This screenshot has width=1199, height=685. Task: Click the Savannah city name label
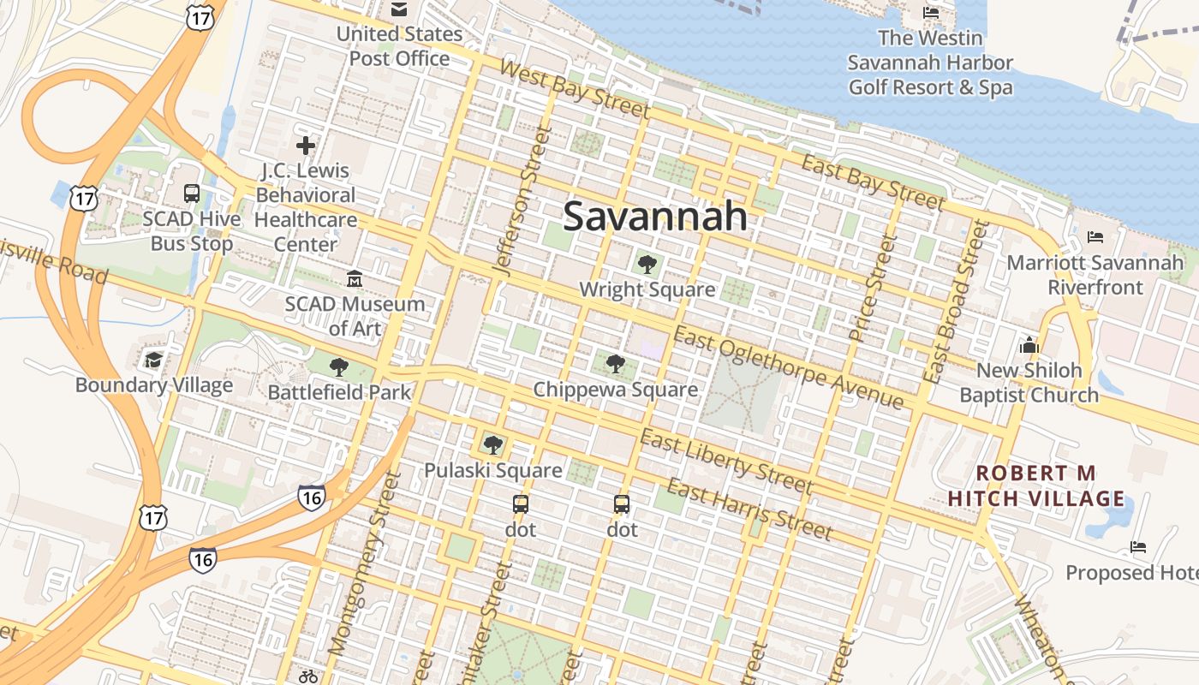pyautogui.click(x=655, y=216)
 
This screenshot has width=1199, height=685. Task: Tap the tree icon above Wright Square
pyautogui.click(x=647, y=264)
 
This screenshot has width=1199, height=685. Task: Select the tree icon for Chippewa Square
pyautogui.click(x=615, y=364)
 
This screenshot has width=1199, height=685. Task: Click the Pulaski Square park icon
pyautogui.click(x=492, y=444)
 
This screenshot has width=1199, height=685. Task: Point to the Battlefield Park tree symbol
pyautogui.click(x=339, y=367)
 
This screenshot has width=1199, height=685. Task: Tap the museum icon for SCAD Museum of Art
pyautogui.click(x=354, y=278)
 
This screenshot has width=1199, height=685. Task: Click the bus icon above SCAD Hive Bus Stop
pyautogui.click(x=192, y=194)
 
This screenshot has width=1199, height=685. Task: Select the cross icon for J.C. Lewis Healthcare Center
pyautogui.click(x=306, y=146)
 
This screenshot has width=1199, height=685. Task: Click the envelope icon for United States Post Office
pyautogui.click(x=399, y=9)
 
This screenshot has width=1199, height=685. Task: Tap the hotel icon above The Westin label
pyautogui.click(x=930, y=13)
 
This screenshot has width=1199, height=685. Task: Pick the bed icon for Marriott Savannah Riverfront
pyautogui.click(x=1095, y=236)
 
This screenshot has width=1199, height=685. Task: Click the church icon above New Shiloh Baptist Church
pyautogui.click(x=1029, y=345)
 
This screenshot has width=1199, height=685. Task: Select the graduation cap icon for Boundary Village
pyautogui.click(x=153, y=360)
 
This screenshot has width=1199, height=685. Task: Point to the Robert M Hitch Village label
pyautogui.click(x=1036, y=485)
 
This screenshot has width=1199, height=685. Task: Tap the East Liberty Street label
pyautogui.click(x=726, y=462)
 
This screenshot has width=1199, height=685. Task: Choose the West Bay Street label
pyautogui.click(x=573, y=88)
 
